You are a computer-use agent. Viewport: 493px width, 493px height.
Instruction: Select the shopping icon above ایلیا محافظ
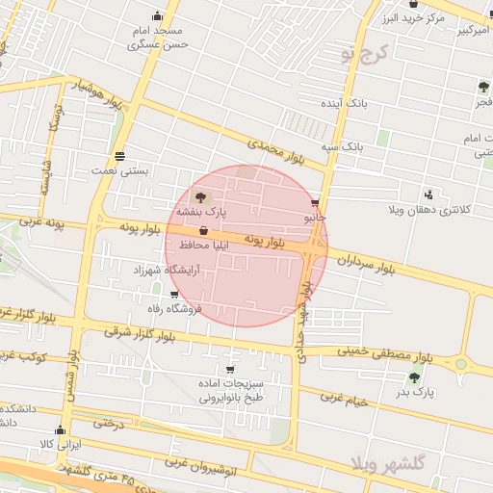click(x=203, y=231)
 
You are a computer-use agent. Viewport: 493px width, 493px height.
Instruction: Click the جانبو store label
click(x=316, y=218)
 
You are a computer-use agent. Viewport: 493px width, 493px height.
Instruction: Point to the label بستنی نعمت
click(x=120, y=169)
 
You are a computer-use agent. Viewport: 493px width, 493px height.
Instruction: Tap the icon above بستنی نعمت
click(x=119, y=156)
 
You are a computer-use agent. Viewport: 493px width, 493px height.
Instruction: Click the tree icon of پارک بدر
click(x=415, y=378)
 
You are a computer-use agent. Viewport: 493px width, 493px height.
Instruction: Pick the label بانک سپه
click(x=345, y=146)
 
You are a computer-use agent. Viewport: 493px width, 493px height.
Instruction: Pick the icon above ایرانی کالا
click(x=61, y=430)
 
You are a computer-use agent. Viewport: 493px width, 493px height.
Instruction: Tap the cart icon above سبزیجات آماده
click(x=229, y=370)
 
